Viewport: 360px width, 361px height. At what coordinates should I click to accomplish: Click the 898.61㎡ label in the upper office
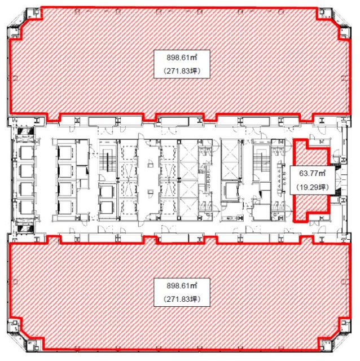click(182, 58)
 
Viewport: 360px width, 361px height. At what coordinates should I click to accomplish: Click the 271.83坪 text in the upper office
click(182, 71)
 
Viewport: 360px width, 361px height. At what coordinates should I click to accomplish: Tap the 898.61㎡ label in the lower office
click(182, 286)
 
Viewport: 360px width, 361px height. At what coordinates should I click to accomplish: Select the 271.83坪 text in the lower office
click(182, 299)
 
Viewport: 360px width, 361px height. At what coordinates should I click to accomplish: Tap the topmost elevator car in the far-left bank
click(26, 152)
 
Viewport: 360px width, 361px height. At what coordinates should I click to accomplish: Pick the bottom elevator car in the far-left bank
click(26, 207)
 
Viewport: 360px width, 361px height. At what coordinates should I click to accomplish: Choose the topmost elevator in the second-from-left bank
click(65, 152)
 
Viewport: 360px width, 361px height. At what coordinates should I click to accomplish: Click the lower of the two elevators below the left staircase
click(107, 208)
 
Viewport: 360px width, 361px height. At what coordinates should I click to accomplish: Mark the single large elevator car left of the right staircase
click(231, 191)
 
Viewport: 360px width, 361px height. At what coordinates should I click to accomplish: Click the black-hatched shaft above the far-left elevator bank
click(25, 132)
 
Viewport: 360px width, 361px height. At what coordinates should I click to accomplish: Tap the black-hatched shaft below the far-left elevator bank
click(25, 228)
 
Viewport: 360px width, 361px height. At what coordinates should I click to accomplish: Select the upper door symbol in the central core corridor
click(151, 163)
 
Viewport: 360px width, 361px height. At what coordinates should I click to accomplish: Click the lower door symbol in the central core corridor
click(151, 193)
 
